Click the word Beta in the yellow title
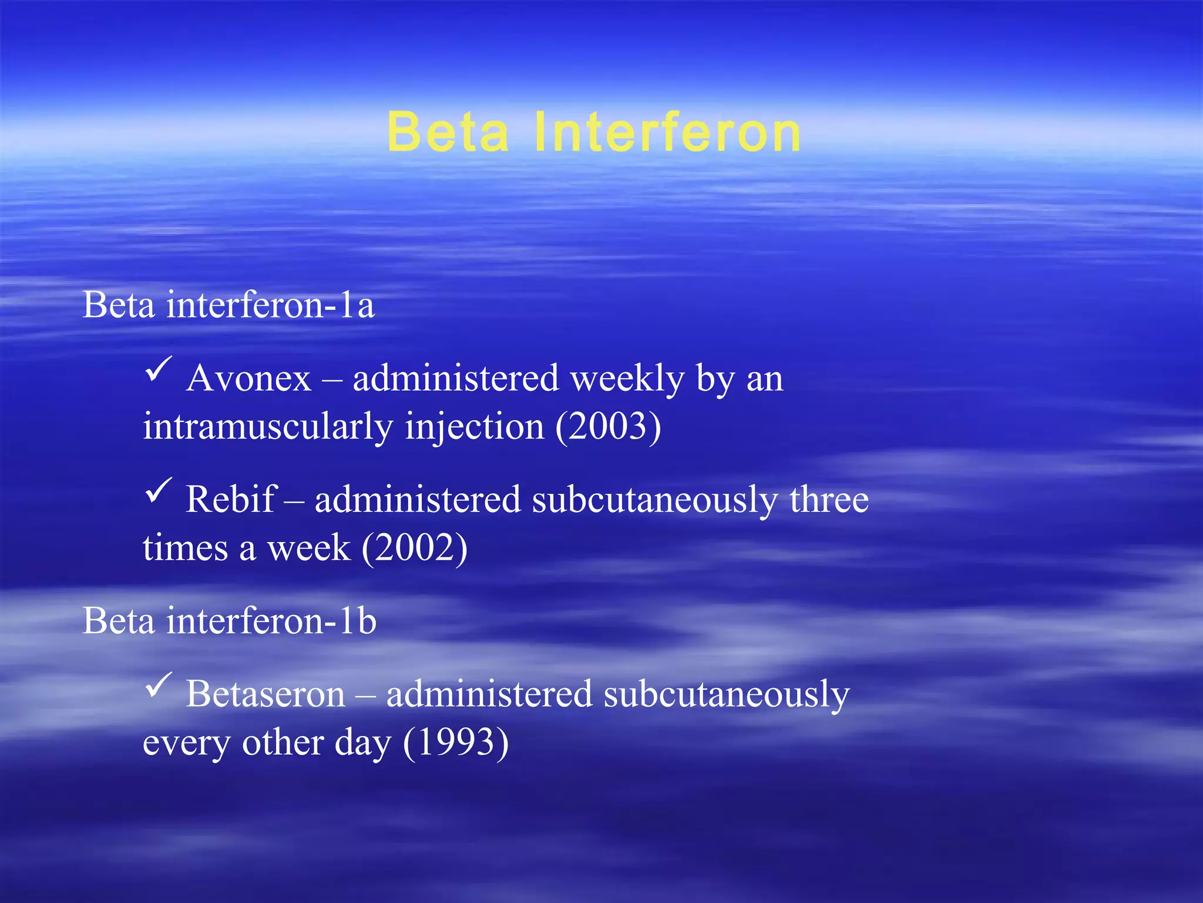[448, 133]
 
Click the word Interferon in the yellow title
[667, 133]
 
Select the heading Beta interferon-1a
[228, 305]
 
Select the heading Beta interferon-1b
[229, 621]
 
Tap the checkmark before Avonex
[158, 369]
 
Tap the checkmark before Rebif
[158, 490]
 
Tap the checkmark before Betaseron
[158, 685]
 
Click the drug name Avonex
[248, 378]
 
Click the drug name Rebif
[230, 500]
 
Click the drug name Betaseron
[266, 694]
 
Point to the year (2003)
[609, 427]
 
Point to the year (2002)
[415, 548]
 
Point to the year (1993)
[456, 743]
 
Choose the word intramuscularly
[268, 427]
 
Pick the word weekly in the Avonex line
[627, 379]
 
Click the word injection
[475, 427]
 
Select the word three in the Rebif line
[828, 500]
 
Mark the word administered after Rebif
[418, 500]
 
